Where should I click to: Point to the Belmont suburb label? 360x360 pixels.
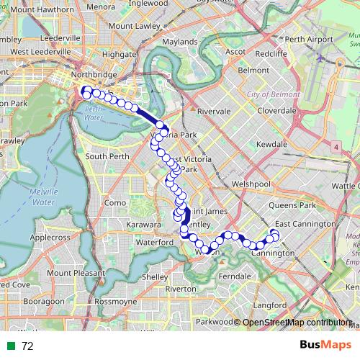point(253,71)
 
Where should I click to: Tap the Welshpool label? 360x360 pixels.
point(251,184)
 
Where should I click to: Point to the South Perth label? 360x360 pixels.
point(106,156)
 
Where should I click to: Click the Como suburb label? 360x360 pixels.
point(116,203)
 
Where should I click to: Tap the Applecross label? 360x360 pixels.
point(50,236)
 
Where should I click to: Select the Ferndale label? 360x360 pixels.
point(235,276)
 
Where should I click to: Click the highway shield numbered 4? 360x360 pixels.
point(336,147)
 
